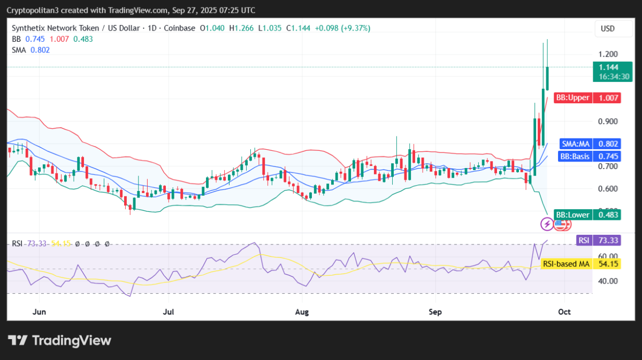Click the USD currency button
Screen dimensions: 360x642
tap(607, 28)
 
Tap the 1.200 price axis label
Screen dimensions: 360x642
tap(608, 54)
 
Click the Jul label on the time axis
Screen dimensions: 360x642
tap(169, 311)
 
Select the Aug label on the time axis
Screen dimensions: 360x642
tap(302, 311)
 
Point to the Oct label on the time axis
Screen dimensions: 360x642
tap(564, 311)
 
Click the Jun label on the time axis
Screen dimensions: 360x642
tap(37, 311)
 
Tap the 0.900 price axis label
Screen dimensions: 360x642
tap(608, 121)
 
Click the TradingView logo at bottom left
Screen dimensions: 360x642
tap(59, 341)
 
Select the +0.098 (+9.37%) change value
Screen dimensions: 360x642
tap(342, 28)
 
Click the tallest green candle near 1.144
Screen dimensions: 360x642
tap(547, 78)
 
